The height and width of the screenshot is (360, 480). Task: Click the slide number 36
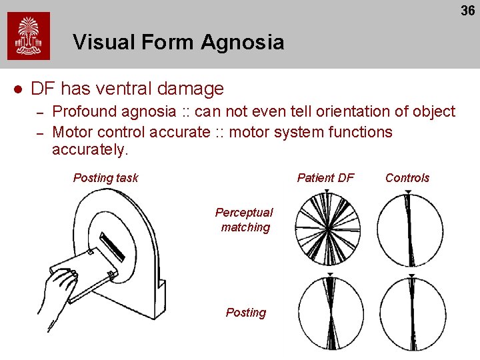[x=467, y=10]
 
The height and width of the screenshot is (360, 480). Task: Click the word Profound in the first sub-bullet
[x=84, y=111]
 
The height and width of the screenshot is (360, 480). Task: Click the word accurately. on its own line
[x=89, y=150]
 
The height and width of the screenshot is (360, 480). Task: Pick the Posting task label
[x=105, y=178]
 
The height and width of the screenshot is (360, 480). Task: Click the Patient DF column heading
[x=325, y=178]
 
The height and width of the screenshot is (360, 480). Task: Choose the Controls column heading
[x=407, y=178]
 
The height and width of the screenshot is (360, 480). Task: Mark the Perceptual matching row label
[x=244, y=220]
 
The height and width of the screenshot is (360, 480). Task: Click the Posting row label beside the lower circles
[x=245, y=313]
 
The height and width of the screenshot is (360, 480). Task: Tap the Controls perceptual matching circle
[x=409, y=230]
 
